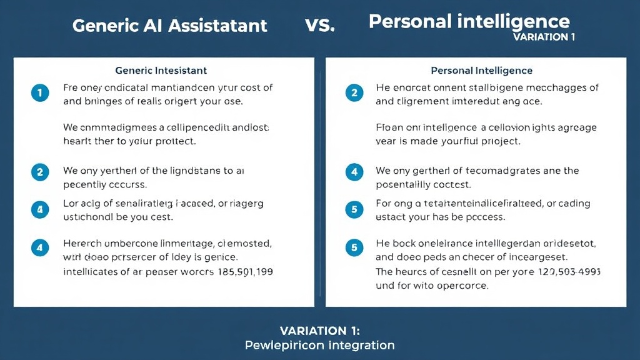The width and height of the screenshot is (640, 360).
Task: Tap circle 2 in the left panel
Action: (x=39, y=171)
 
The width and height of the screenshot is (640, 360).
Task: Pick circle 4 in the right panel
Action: (x=354, y=171)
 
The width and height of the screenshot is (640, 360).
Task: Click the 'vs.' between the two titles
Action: (x=320, y=25)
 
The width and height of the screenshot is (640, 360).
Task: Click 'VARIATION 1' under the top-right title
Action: (x=544, y=37)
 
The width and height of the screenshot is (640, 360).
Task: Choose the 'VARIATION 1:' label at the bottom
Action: (x=319, y=331)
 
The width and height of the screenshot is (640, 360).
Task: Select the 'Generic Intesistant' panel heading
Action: (x=161, y=71)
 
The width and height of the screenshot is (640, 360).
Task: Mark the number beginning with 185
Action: (x=244, y=272)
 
